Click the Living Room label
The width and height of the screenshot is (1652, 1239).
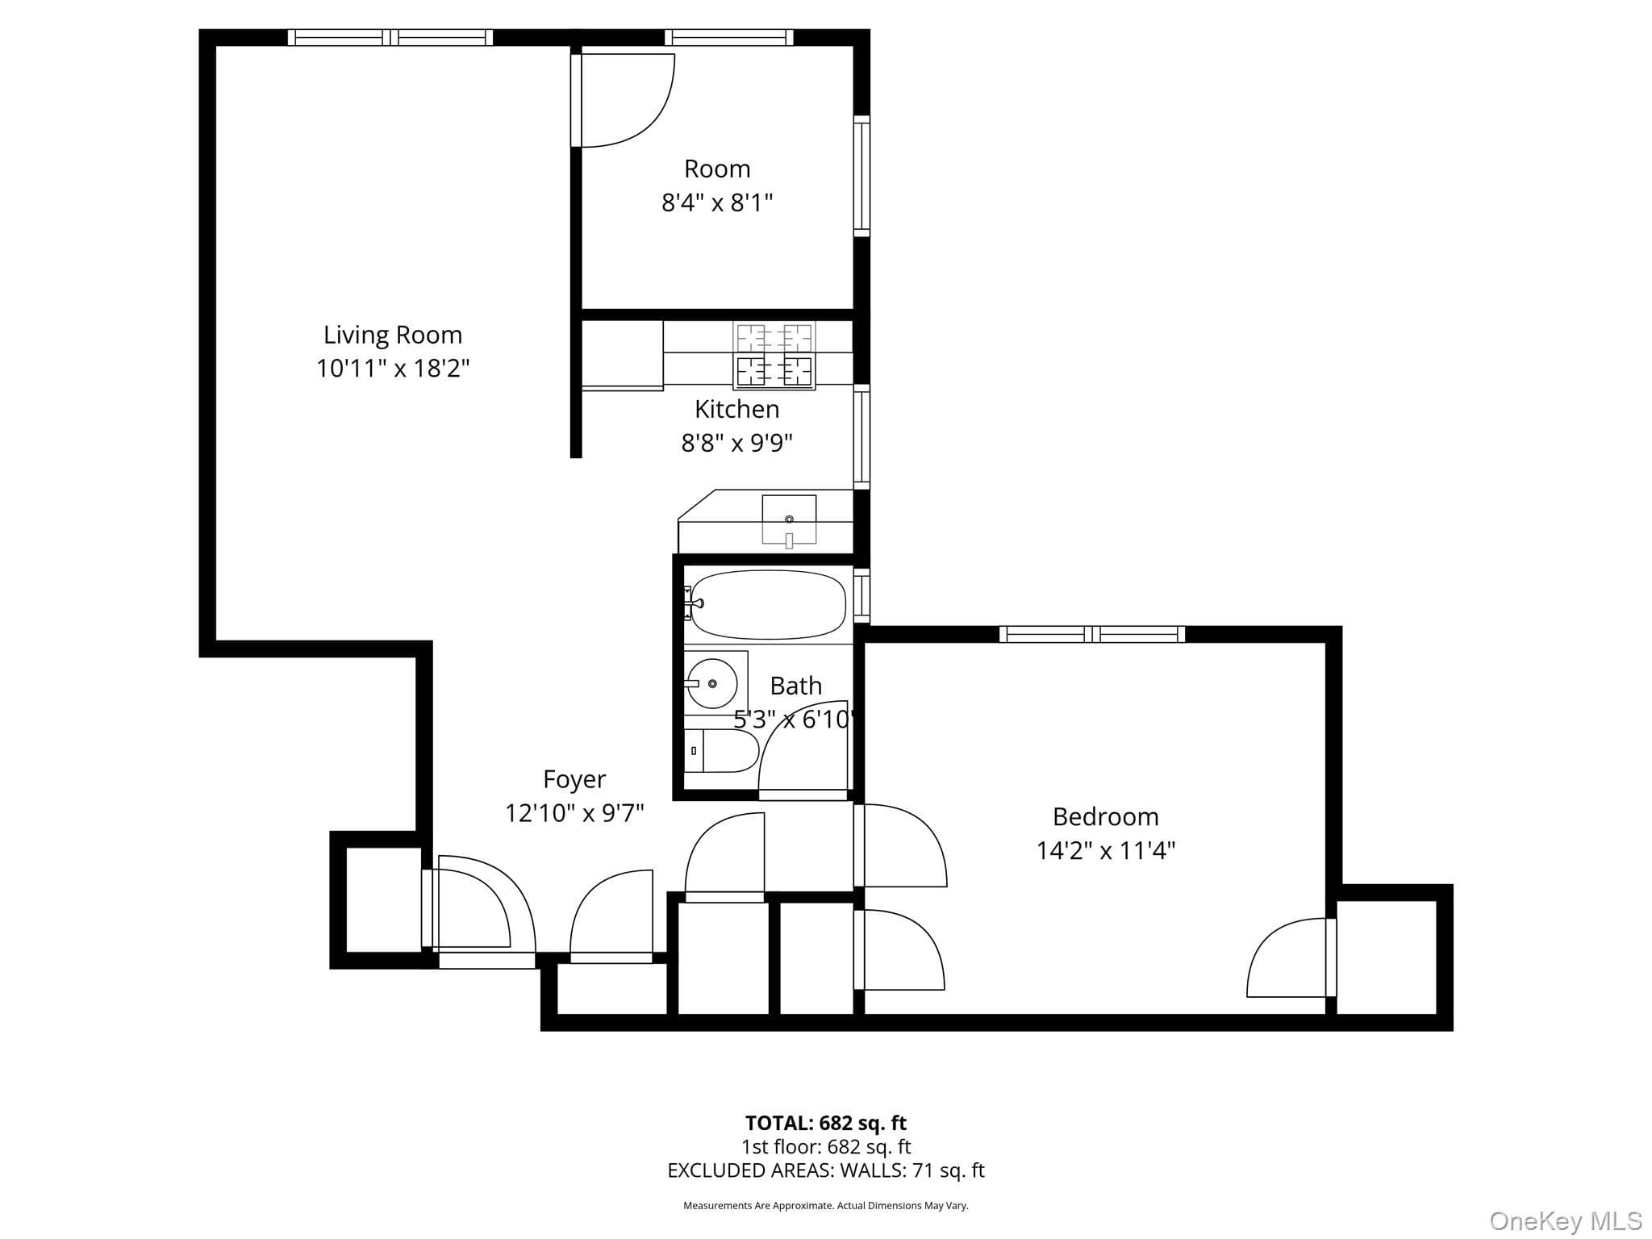coord(393,335)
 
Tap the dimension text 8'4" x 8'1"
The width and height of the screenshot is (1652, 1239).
coord(717,202)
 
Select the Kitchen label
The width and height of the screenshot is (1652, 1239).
coord(736,409)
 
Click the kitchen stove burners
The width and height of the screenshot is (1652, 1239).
coord(774,355)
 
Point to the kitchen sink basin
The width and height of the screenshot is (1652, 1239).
coord(789,519)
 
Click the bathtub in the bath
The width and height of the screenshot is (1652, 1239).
coord(768,604)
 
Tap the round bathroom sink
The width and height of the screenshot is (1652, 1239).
coord(711,683)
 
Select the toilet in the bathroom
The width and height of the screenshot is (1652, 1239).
coord(722,751)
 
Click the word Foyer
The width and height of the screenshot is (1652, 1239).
coord(574,779)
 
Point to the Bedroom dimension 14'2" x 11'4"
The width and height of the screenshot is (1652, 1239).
coord(1105,851)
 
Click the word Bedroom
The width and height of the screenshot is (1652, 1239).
coord(1105,816)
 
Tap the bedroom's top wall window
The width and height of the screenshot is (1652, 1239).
coord(1092,634)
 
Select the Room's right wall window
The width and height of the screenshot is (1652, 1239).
coord(861,176)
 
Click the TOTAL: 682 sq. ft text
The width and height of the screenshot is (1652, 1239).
coord(826,1123)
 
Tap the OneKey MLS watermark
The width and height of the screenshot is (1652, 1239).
coord(1566,1221)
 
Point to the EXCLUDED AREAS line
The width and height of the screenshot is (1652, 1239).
coord(826,1170)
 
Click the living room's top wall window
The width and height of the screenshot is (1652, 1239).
coord(390,37)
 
